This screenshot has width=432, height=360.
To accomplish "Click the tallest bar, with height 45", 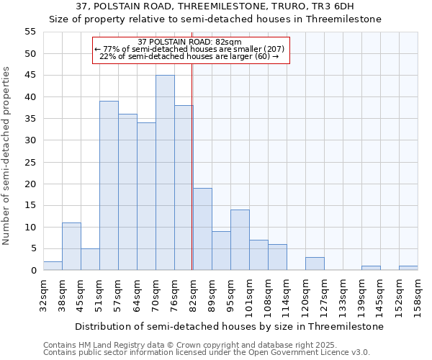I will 165,173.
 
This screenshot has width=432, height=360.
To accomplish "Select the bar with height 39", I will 109,186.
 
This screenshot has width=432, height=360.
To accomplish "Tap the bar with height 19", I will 202,229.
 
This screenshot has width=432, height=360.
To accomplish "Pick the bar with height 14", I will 240,240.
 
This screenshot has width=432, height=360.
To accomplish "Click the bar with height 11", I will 71,246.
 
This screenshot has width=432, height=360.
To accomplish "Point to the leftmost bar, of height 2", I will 53,266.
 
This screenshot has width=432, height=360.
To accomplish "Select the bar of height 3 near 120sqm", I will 315,264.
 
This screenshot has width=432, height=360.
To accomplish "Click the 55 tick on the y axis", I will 30,32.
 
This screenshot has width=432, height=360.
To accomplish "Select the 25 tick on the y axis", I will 30,162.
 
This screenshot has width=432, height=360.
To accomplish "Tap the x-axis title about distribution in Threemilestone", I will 228,326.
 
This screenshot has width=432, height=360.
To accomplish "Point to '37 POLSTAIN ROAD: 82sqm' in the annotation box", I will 189,42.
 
